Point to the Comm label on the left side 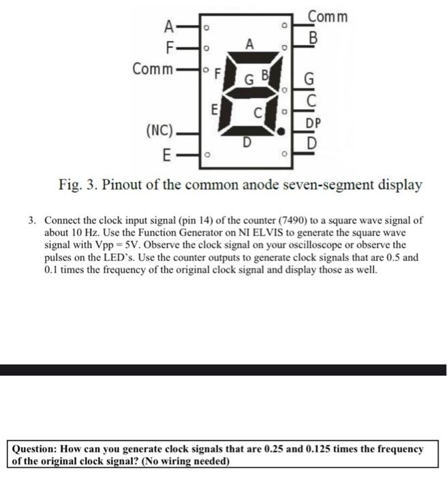pos(153,69)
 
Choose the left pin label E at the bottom pos(167,155)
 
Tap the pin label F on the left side pos(172,49)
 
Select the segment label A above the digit pos(250,44)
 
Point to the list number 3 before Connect pos(32,221)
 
